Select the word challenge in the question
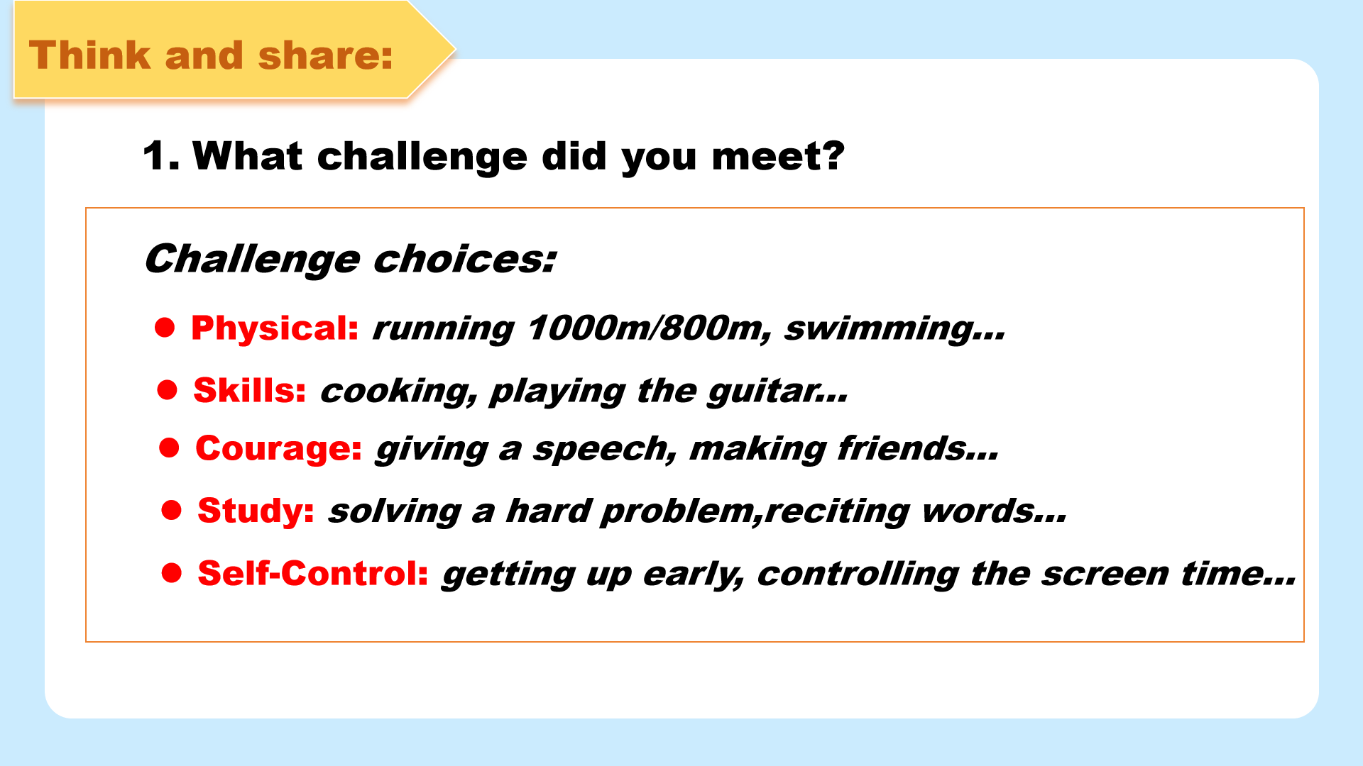[422, 157]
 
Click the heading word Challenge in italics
[253, 260]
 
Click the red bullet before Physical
[165, 327]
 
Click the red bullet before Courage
[169, 448]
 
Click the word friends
[902, 449]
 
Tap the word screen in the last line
[1105, 574]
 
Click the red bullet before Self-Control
[172, 572]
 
